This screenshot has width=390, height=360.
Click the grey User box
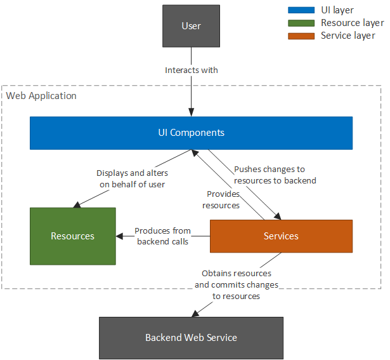coord(191,26)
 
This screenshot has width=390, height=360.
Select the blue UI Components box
coord(191,133)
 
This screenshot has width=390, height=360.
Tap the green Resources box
coord(73,236)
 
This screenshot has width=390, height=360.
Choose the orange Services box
coord(281,236)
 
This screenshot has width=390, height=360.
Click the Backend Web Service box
coord(191,337)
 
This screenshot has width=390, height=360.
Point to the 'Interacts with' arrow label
coord(191,70)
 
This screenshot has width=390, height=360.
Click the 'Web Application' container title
coord(41,96)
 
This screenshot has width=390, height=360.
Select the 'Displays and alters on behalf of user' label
coord(131,178)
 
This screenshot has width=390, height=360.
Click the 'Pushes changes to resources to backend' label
coord(275,175)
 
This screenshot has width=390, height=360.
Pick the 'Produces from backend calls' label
coord(162,236)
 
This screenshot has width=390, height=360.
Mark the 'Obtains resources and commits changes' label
coord(237,285)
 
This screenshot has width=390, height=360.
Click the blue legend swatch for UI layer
coord(301,10)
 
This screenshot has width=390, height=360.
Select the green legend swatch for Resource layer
coord(301,23)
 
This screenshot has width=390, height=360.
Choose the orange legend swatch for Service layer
coord(301,36)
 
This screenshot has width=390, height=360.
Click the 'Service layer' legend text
coord(348,36)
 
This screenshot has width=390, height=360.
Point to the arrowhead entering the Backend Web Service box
coord(193,314)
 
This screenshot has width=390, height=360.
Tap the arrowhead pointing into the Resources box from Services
coord(119,236)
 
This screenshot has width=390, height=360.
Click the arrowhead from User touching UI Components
coord(191,112)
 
